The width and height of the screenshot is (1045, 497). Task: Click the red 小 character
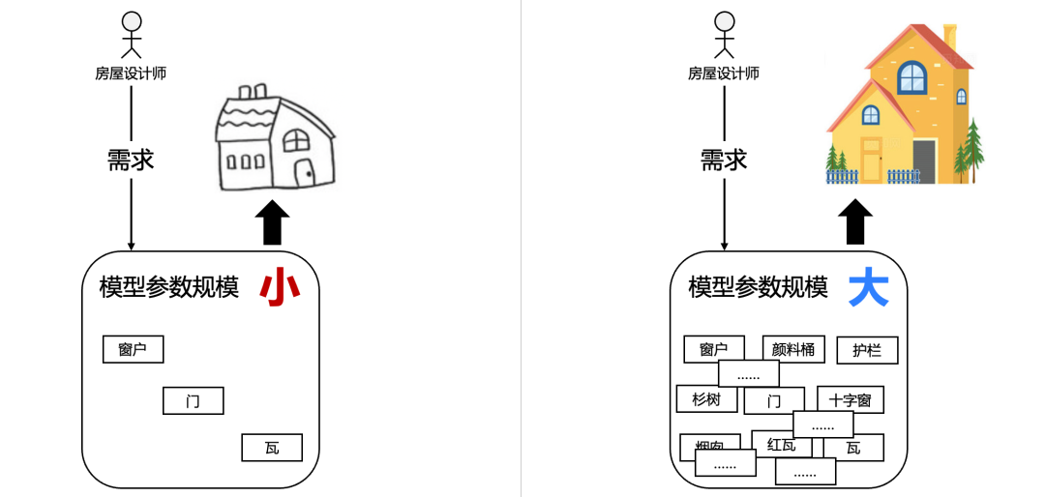pyautogui.click(x=280, y=288)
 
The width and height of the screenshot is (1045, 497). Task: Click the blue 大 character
pyautogui.click(x=868, y=288)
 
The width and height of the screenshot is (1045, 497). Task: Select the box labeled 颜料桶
pyautogui.click(x=793, y=348)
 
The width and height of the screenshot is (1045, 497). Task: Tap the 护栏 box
pyautogui.click(x=867, y=350)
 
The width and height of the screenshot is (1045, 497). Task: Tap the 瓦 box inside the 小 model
pyautogui.click(x=272, y=448)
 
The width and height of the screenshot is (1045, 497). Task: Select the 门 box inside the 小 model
pyautogui.click(x=194, y=400)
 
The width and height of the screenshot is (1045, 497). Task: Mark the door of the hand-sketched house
pyautogui.click(x=305, y=174)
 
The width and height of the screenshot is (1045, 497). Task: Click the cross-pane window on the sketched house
pyautogui.click(x=296, y=141)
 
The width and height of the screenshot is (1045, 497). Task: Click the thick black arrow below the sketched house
pyautogui.click(x=274, y=223)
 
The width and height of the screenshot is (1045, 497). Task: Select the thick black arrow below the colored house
pyautogui.click(x=855, y=223)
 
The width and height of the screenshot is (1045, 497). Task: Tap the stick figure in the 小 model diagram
pyautogui.click(x=131, y=36)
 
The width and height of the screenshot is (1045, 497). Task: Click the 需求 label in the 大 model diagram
pyautogui.click(x=724, y=160)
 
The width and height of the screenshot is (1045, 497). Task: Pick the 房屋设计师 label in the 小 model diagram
pyautogui.click(x=131, y=73)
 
